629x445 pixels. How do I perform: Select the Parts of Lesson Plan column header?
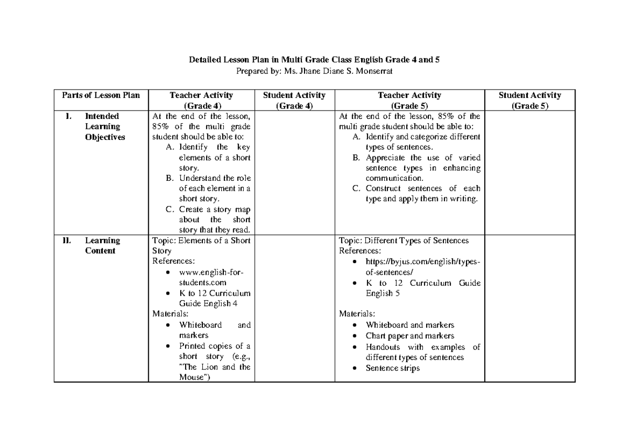coord(101,95)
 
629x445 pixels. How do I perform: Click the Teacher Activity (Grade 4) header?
coord(201,100)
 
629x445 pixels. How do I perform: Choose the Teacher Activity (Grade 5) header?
coord(409,100)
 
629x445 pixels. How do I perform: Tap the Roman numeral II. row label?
coord(68,241)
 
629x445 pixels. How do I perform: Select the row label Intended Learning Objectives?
coord(105,126)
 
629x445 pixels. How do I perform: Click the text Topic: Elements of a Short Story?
coord(201,245)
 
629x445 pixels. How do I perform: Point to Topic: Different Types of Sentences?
coord(404,241)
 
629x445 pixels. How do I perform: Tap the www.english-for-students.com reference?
coord(211,277)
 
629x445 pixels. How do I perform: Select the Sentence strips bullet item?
coord(393,368)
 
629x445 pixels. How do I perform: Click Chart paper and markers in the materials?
coord(410,336)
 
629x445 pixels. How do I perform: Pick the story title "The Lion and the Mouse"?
coord(214,372)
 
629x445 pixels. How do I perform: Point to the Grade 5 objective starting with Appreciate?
coord(422,168)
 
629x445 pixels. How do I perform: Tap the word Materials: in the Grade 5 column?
coord(357,314)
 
